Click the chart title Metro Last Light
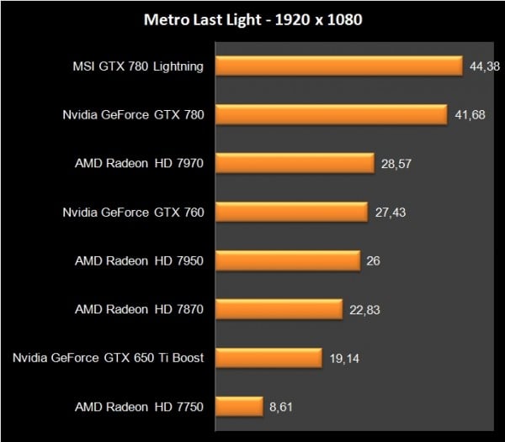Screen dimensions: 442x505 tap(252, 19)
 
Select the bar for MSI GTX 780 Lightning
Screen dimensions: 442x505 tap(339, 66)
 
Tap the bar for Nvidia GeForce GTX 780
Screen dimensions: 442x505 tap(331, 114)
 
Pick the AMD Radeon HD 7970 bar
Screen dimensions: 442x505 tap(295, 163)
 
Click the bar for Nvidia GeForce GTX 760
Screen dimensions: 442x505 tap(291, 212)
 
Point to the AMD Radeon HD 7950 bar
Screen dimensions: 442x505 tap(288, 260)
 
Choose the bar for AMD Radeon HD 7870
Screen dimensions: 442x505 tap(279, 309)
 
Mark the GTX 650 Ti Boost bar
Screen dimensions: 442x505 tap(268, 358)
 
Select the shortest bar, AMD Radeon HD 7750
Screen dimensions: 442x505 tap(239, 407)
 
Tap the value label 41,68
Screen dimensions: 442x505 tap(469, 115)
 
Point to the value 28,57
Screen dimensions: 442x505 tap(396, 164)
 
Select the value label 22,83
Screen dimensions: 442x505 tap(364, 310)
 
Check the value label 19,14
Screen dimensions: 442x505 tap(344, 359)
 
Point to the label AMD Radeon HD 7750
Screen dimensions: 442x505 tap(139, 408)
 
